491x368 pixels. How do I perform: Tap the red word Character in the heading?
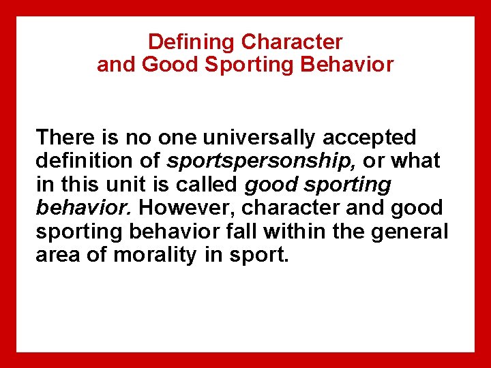pyautogui.click(x=292, y=42)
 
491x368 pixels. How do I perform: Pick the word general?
pyautogui.click(x=415, y=231)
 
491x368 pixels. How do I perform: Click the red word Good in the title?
pyautogui.click(x=163, y=65)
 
